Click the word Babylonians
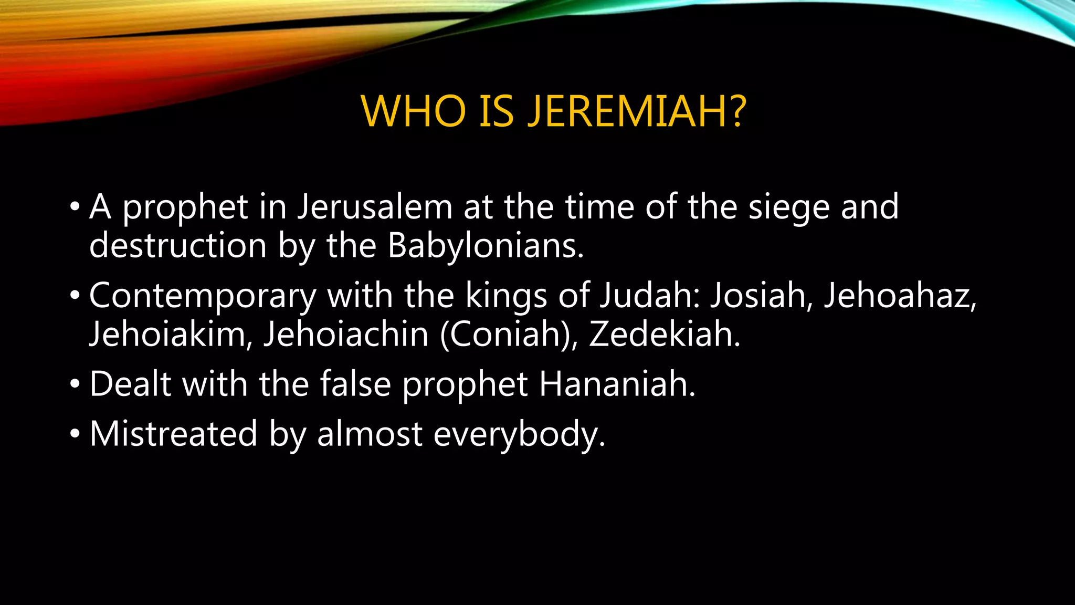[485, 246]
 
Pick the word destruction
[178, 246]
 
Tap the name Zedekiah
[665, 334]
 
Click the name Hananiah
[617, 384]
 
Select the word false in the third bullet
[355, 384]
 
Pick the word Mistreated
[173, 434]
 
